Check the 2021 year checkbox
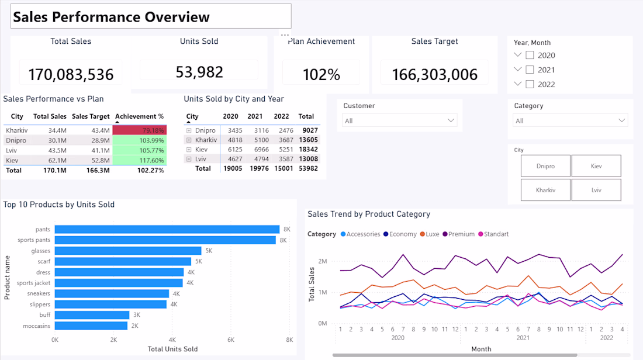pos(530,70)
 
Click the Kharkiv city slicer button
pos(545,190)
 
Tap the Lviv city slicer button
pos(596,190)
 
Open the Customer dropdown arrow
pos(451,120)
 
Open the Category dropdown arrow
pos(622,120)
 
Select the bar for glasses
pos(128,251)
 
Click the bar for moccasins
pos(91,326)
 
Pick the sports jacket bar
pos(119,283)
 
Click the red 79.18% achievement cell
pos(140,130)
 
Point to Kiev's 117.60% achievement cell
pos(140,160)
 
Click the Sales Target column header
pos(91,116)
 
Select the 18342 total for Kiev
pos(309,149)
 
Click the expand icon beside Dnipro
pos(189,130)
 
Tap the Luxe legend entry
pos(430,234)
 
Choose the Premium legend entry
pos(458,234)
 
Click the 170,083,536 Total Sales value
pos(71,75)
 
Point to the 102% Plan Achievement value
pos(321,75)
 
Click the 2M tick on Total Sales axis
pos(323,261)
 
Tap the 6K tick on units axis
pos(231,340)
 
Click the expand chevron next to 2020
pos(517,54)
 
